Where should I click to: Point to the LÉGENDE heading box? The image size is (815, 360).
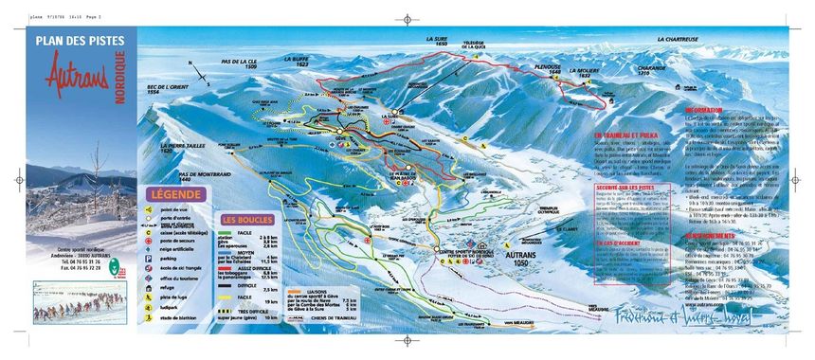coord(175,195)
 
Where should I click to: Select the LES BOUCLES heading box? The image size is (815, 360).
coord(243,220)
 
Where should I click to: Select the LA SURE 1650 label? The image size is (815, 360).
coord(436,42)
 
